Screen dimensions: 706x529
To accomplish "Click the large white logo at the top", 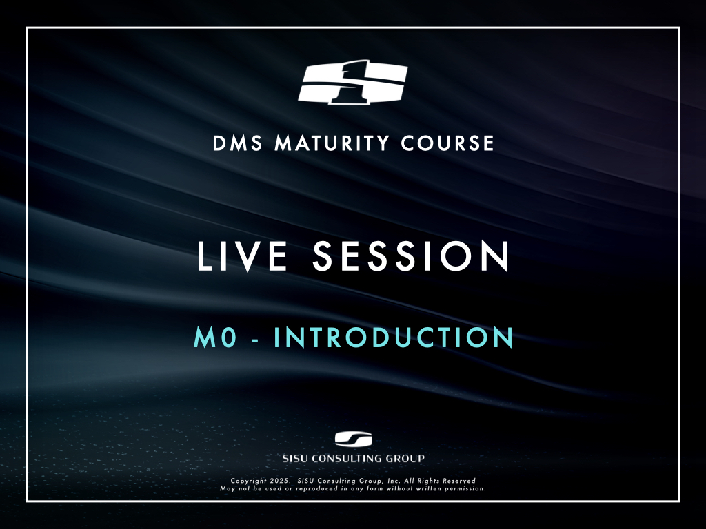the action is coord(353,82).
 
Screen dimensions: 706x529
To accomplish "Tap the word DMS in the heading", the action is coord(237,143).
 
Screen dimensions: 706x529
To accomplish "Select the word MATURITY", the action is coord(332,143).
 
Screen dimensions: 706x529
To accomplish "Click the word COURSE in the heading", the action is coord(447,143).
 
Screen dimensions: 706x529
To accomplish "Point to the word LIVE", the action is coord(242,256).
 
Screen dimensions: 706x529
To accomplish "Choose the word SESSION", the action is coord(411,256).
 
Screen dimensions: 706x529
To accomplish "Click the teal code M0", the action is coord(215,338).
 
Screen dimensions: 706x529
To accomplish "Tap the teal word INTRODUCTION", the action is coord(394,338).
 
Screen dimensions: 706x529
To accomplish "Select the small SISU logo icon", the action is coord(354,439).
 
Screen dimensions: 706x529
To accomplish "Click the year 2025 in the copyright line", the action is coord(280,481).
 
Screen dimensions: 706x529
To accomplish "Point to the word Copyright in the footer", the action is coord(248,481).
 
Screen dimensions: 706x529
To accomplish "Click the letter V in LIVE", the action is coord(248,256).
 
